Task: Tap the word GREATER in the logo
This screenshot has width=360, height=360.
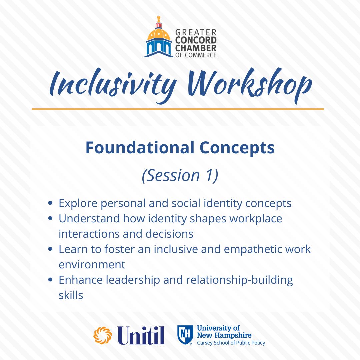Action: (x=196, y=32)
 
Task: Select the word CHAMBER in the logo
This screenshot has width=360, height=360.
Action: (x=196, y=48)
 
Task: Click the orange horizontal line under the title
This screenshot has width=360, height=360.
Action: (x=178, y=109)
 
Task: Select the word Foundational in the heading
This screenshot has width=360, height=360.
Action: (x=140, y=147)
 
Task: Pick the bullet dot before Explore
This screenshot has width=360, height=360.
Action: (x=51, y=203)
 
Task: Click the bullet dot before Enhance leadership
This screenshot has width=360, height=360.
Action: (x=51, y=280)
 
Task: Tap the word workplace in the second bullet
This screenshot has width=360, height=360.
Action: (x=256, y=219)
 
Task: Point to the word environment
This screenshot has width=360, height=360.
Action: (x=92, y=265)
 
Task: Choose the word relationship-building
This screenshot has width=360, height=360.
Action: (x=239, y=280)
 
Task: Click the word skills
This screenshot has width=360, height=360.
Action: (x=71, y=295)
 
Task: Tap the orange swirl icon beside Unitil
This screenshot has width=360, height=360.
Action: (x=103, y=335)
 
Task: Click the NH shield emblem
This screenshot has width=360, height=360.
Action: (x=185, y=335)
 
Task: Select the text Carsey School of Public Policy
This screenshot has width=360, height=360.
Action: (x=231, y=343)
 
